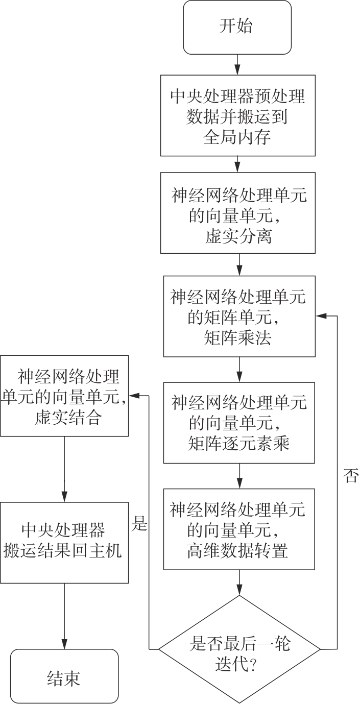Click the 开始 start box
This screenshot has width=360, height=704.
[x=237, y=27]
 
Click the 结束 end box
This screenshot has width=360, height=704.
[x=64, y=676]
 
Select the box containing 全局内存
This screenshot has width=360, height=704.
[x=238, y=115]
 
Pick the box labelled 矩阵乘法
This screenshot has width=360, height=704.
[x=239, y=316]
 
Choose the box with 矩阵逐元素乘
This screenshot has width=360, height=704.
[x=239, y=420]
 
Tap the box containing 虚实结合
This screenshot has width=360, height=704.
[x=64, y=396]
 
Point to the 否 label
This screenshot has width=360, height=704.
[x=351, y=477]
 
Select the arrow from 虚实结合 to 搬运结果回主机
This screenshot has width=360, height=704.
[x=64, y=470]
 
